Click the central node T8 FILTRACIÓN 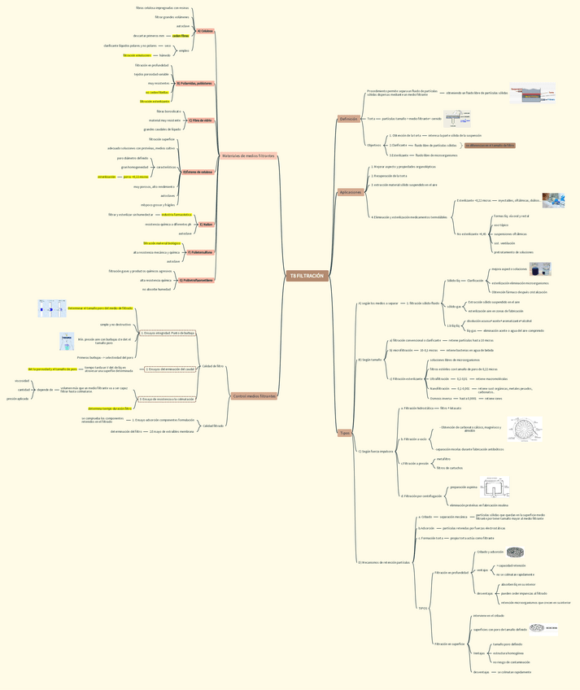[307, 276]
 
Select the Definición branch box [348, 119]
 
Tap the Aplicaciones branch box [351, 192]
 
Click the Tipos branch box [346, 433]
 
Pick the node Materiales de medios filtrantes [248, 155]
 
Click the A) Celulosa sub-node [204, 31]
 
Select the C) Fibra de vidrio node [200, 120]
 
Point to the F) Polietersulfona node [200, 252]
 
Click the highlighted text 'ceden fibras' [181, 36]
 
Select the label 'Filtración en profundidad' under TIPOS [451, 573]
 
